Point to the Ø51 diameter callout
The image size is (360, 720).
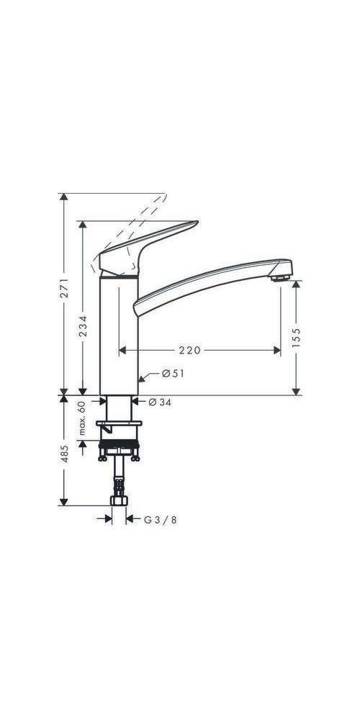[x=174, y=374]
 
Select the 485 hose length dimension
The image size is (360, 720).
[x=64, y=452]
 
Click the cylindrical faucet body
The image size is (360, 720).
[x=118, y=331]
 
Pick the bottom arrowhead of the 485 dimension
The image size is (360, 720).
[x=64, y=502]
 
